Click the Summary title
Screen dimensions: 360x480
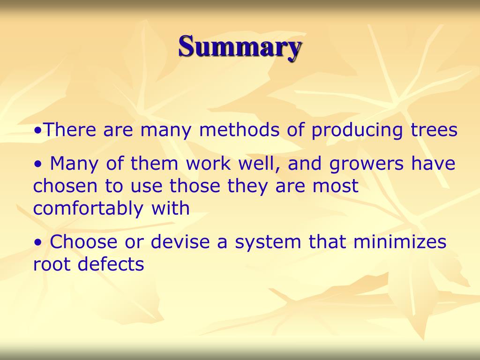[x=240, y=47]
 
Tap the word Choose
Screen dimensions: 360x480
[x=83, y=242]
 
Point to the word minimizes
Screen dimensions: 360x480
[x=399, y=242]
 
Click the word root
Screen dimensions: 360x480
[x=51, y=265]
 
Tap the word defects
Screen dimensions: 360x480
[x=111, y=265]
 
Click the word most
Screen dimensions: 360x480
[x=336, y=186]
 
